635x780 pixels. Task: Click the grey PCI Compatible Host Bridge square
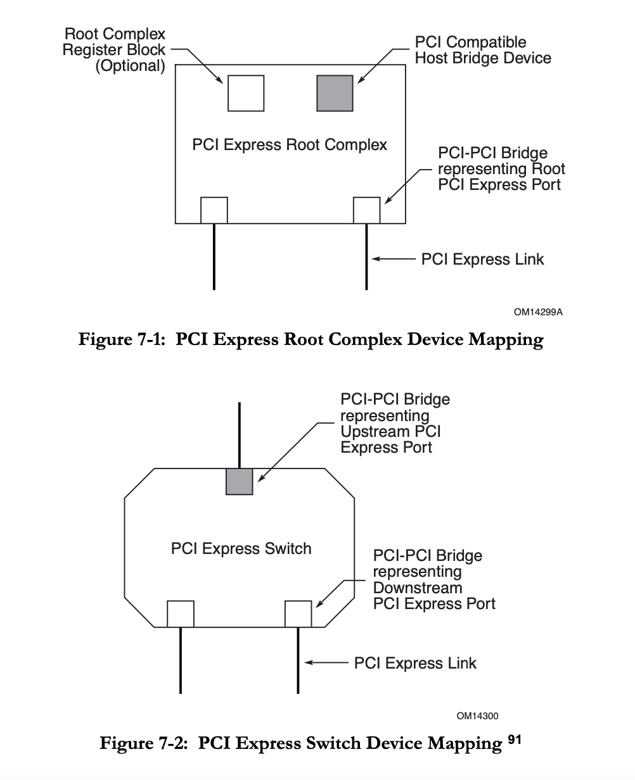335,93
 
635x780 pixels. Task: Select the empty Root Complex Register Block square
245,93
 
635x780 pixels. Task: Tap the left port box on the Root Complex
214,210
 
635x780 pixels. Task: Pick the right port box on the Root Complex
366,210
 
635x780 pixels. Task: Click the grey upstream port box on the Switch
240,481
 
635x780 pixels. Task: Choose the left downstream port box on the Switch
181,614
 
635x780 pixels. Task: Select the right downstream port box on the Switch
298,614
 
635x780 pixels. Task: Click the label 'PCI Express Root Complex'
290,145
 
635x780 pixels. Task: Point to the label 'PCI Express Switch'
241,548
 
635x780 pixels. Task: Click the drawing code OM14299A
539,312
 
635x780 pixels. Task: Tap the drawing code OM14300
477,716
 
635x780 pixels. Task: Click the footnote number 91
514,739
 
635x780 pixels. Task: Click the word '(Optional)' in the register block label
130,66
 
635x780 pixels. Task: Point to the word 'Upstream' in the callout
373,432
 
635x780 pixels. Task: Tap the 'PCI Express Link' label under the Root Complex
482,259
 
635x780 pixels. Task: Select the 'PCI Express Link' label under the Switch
415,663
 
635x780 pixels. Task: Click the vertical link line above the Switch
240,434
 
